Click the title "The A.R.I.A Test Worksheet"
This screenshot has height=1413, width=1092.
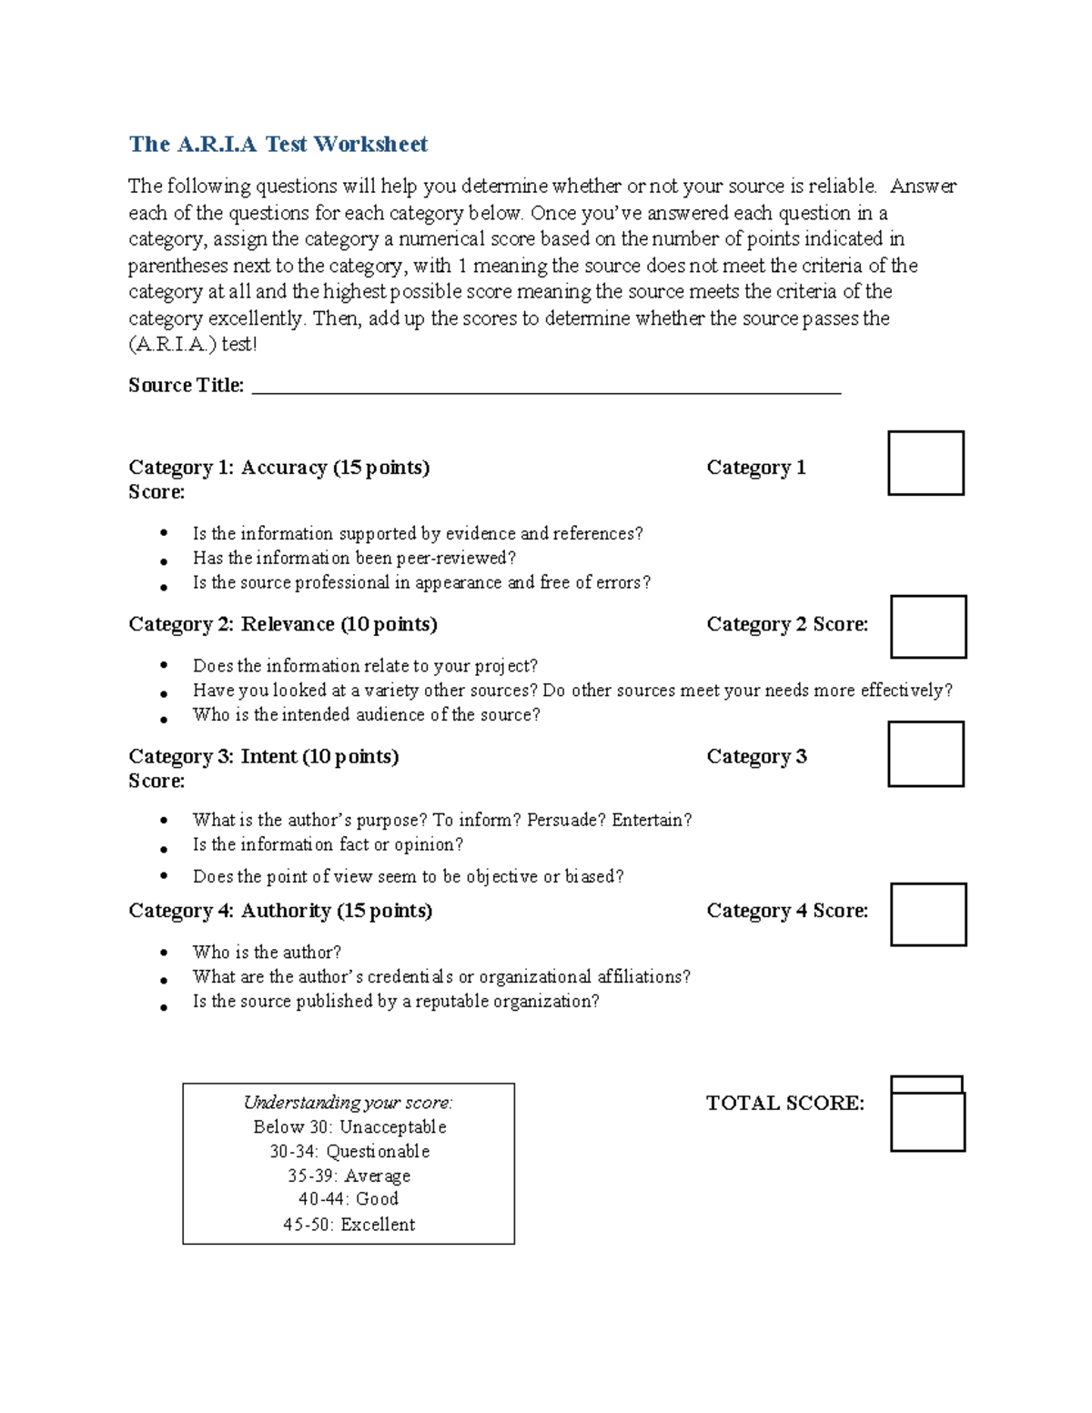[278, 144]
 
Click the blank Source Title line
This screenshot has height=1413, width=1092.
[546, 388]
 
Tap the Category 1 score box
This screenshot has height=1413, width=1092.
[925, 463]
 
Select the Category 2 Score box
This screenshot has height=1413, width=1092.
[927, 627]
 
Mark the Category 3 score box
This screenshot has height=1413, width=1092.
[925, 754]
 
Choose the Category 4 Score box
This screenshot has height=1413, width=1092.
[927, 914]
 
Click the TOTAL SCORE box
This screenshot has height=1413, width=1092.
[927, 1120]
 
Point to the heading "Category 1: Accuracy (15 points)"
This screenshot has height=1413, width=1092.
[278, 468]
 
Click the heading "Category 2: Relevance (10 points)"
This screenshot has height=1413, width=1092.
[282, 624]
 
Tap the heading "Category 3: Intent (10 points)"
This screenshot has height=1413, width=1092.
[263, 757]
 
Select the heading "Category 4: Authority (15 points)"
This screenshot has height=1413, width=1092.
[279, 911]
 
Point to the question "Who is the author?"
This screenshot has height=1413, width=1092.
[267, 953]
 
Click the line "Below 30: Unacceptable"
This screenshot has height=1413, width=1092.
[349, 1127]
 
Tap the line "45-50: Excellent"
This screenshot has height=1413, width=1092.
[349, 1225]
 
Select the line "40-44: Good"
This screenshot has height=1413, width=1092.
[349, 1199]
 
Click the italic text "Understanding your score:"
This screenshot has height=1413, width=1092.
[348, 1103]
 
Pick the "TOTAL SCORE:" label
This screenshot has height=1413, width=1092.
[784, 1104]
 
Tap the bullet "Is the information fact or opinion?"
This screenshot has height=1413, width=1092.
[328, 845]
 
